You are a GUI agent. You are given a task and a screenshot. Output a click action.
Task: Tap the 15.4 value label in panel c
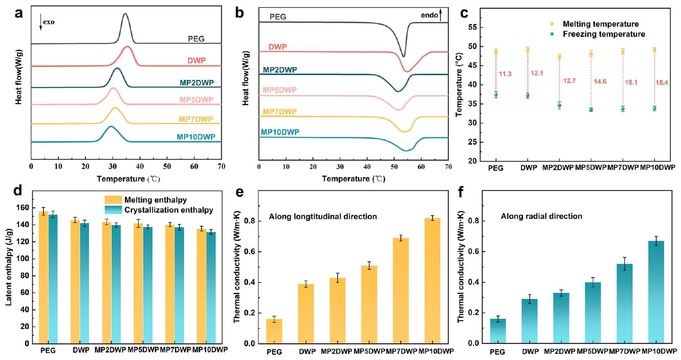tap(662, 83)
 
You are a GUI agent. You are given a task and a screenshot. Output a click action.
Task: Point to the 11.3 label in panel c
tap(505, 74)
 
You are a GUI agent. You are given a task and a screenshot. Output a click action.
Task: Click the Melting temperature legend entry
tap(600, 24)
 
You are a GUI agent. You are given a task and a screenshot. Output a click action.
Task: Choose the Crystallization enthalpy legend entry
tap(168, 210)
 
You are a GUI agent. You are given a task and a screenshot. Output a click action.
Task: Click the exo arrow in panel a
tap(40, 22)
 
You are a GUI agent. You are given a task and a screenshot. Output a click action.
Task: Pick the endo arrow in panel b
tap(440, 15)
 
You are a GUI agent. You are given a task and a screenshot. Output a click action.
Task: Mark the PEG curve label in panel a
tap(196, 39)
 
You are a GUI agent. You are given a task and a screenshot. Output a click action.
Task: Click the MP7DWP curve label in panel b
tap(280, 112)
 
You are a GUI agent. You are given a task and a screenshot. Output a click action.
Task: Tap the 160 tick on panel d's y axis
tap(24, 208)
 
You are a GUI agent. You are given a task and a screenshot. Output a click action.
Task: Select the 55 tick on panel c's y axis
tap(473, 28)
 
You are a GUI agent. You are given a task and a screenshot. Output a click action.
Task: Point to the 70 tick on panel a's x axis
tap(221, 166)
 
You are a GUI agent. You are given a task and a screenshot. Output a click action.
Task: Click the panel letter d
tap(18, 191)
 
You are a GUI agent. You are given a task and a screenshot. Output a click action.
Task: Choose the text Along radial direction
tap(541, 216)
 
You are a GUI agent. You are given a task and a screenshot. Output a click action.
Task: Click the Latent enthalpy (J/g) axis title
tap(9, 267)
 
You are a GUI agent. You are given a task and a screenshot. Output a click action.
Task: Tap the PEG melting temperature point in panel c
tap(496, 51)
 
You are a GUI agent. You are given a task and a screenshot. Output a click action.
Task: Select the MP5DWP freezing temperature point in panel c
tap(591, 110)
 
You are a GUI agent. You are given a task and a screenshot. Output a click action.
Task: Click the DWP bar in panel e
tap(306, 314)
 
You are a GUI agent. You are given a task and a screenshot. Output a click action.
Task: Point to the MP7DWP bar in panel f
tap(624, 303)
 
